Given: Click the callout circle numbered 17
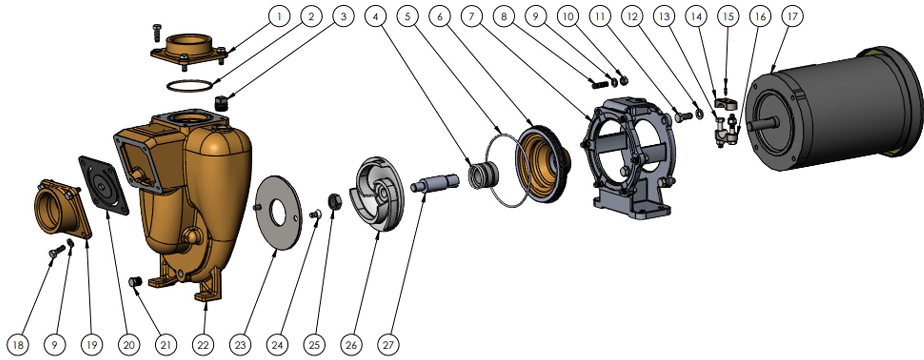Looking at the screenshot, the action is tap(792, 16).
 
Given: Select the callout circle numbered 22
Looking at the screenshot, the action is tap(203, 344).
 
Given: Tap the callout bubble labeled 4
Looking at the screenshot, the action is tap(375, 16).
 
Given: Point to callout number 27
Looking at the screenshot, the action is tap(388, 344).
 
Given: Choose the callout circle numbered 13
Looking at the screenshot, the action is tap(663, 16).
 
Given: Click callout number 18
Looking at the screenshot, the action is tap(18, 344).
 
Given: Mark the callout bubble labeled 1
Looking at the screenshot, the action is tap(279, 16).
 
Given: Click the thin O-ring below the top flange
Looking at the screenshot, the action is tap(189, 86).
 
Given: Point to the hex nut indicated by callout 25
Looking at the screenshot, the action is tap(334, 202).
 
